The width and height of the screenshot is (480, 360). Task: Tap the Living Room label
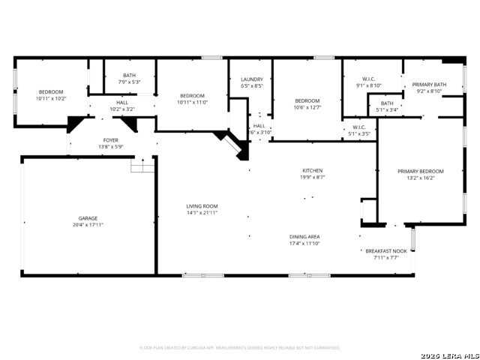click(202, 206)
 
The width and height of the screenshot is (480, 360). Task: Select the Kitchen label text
click(312, 170)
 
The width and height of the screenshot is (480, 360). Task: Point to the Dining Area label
click(305, 236)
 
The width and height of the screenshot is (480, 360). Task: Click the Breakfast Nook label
click(386, 250)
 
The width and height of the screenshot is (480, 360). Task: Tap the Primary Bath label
click(429, 84)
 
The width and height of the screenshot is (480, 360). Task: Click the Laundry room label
click(251, 79)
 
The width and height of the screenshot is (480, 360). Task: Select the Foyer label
click(110, 140)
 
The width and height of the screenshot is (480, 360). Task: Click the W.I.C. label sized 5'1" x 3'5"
click(358, 127)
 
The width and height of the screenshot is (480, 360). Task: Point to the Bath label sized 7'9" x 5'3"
click(130, 75)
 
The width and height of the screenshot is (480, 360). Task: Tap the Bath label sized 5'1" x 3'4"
click(387, 103)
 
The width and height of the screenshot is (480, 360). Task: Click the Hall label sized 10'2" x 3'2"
click(122, 103)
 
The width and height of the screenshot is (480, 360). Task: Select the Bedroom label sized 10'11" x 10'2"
click(51, 91)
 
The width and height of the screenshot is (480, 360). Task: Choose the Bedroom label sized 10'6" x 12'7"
click(307, 100)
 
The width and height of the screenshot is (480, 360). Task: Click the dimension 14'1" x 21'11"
click(202, 213)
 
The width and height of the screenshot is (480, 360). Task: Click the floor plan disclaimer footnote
click(239, 347)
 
